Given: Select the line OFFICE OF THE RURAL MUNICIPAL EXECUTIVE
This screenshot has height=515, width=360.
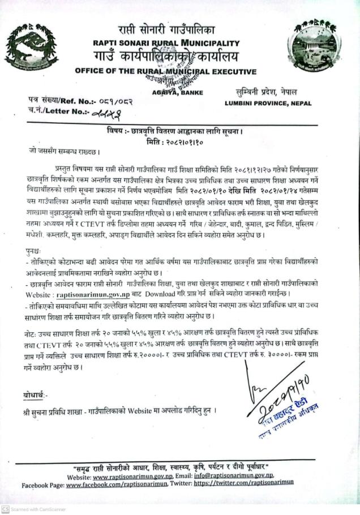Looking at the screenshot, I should (x=166, y=72).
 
